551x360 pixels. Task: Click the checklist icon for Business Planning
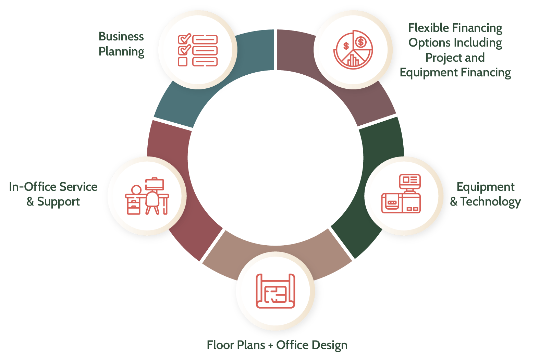point(198,50)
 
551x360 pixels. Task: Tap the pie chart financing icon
point(353,50)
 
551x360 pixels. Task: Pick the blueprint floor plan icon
point(275,291)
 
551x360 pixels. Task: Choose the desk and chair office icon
point(147,196)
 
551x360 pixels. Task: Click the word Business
point(121,36)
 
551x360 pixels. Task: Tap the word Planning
point(121,52)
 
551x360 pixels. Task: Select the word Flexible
point(428,28)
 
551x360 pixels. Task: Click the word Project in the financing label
point(440,58)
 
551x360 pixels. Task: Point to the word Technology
point(490,202)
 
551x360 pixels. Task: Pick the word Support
point(58,202)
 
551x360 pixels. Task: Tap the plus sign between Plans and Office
point(271,345)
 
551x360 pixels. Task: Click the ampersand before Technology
point(454,201)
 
